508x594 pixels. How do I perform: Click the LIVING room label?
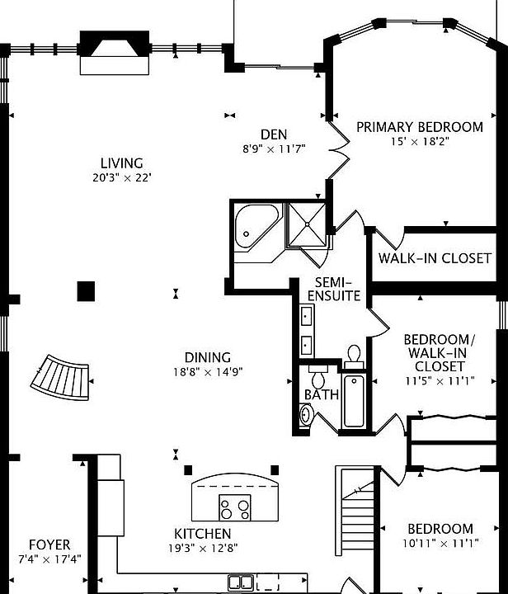[x=122, y=163]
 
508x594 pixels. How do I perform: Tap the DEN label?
[x=273, y=134]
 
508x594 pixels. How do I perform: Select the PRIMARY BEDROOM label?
[x=419, y=127]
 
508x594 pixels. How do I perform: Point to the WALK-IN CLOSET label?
[x=435, y=258]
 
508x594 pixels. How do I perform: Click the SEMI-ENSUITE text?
[x=334, y=289]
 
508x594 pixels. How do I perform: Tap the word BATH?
[x=322, y=394]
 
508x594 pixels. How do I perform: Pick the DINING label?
[x=207, y=357]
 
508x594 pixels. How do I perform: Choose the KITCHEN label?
[x=202, y=534]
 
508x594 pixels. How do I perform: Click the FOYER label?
[x=49, y=545]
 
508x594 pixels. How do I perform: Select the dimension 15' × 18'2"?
[x=419, y=141]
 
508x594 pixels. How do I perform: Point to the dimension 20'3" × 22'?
[x=122, y=177]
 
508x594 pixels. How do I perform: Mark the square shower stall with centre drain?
[x=307, y=224]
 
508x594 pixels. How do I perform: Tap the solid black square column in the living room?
[x=86, y=290]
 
